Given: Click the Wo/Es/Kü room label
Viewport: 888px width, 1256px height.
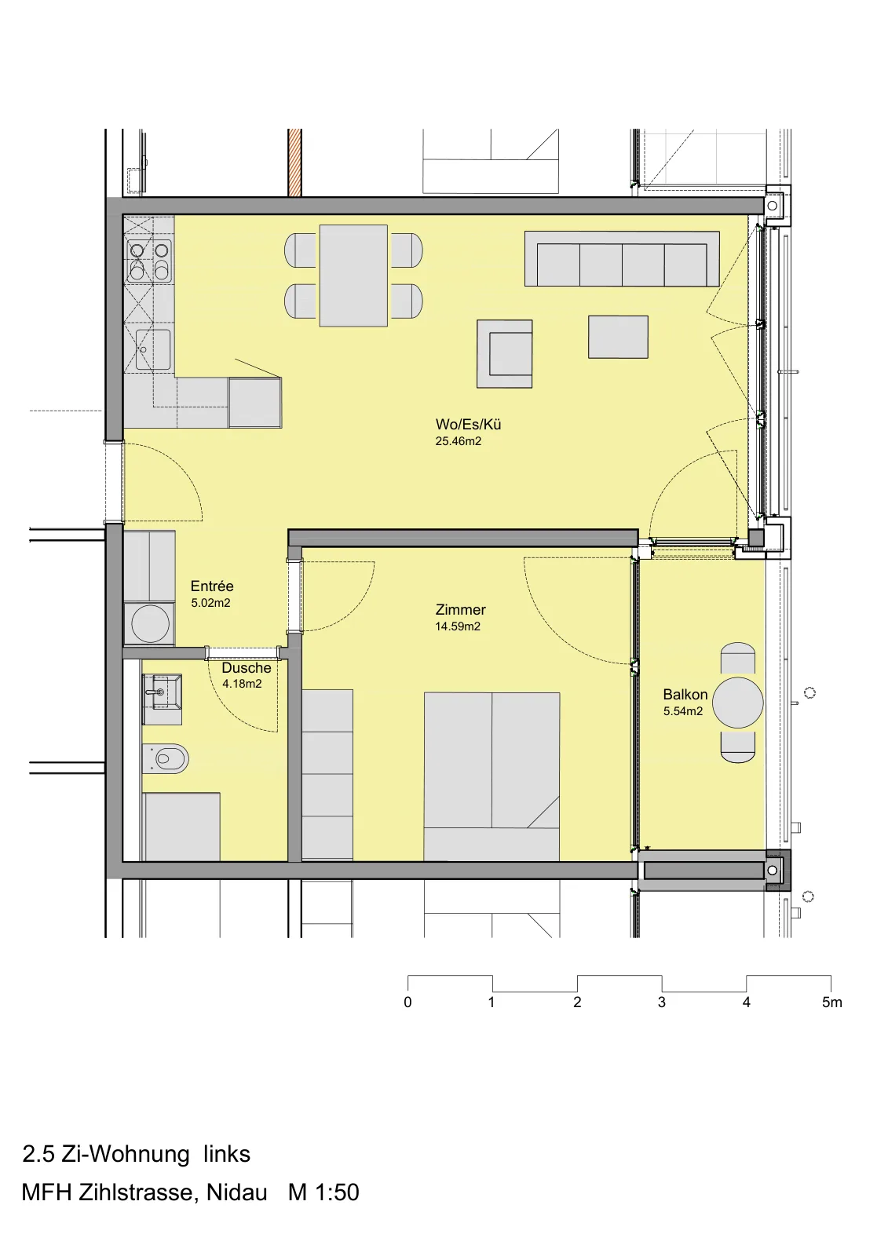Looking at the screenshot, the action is (468, 424).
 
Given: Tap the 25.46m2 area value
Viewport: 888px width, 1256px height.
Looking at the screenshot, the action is (459, 441).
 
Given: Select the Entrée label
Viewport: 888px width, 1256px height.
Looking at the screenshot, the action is (212, 586).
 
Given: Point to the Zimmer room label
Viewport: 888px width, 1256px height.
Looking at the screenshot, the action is (461, 609).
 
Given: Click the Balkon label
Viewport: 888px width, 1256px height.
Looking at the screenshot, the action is (685, 694).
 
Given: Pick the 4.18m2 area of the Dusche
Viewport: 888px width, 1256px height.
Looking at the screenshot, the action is (242, 684).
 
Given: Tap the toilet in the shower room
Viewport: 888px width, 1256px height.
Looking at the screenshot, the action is (165, 759).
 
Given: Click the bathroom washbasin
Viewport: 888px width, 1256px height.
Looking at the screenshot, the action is (162, 692).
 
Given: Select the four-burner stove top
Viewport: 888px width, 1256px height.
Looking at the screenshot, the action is (149, 261).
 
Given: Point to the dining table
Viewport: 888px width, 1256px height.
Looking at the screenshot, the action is (353, 276).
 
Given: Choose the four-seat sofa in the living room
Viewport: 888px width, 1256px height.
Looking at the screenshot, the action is (622, 259).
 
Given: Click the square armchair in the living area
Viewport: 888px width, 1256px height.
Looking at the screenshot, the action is (504, 354).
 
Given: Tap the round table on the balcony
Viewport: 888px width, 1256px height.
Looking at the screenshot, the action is (738, 703).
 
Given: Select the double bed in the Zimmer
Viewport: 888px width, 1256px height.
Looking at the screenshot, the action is (492, 776).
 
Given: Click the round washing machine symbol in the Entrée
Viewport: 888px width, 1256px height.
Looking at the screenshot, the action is (150, 623).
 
